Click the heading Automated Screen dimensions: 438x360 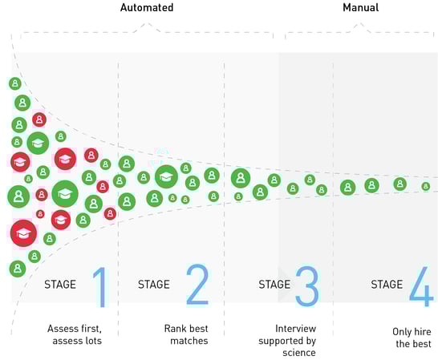tap(147, 7)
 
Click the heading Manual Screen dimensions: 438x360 tap(361, 7)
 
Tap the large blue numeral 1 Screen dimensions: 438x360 tap(100, 287)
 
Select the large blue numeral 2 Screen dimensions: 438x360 tap(197, 285)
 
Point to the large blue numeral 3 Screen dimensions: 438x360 tap(306, 286)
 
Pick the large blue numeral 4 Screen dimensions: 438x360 tap(421, 286)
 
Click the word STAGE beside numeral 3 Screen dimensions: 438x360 tap(274, 285)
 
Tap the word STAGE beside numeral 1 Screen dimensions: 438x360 tap(60, 285)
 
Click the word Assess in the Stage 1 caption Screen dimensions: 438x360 tap(61, 329)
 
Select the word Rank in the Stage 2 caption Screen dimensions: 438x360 tap(175, 329)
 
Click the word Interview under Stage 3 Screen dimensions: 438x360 tap(295, 329)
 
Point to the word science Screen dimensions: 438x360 tap(299, 353)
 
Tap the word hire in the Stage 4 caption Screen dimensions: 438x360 tap(423, 331)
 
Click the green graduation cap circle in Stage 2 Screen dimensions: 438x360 tap(166, 176)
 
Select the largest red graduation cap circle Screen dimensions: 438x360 tap(23, 233)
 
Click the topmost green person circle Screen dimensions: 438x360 tap(15, 83)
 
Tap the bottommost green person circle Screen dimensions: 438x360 tap(18, 269)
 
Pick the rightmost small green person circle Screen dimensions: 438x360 tap(426, 186)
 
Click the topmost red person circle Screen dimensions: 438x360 tap(39, 119)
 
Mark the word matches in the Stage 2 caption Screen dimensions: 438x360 tap(189, 341)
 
